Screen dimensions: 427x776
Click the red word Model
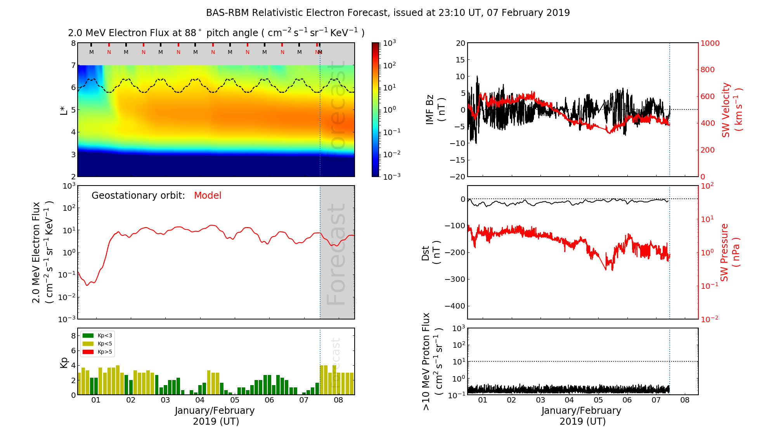(x=208, y=196)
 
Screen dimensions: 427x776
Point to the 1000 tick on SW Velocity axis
(x=710, y=43)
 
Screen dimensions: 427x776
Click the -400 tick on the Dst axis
(x=455, y=306)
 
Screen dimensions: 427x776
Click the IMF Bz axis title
(x=435, y=110)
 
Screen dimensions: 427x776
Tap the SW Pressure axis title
(x=730, y=252)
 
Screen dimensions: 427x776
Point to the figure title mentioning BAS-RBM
(x=388, y=13)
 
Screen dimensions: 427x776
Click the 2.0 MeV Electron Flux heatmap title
(x=216, y=33)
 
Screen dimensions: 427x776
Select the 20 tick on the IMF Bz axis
(x=460, y=43)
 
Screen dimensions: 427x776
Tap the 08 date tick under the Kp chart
(x=338, y=400)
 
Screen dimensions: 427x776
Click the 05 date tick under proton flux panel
(x=598, y=400)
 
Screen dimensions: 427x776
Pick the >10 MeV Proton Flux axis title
(x=432, y=361)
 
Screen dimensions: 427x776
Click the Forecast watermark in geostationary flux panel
(x=336, y=254)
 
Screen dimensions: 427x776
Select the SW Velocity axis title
(x=732, y=110)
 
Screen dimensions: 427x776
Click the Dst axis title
(x=431, y=252)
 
